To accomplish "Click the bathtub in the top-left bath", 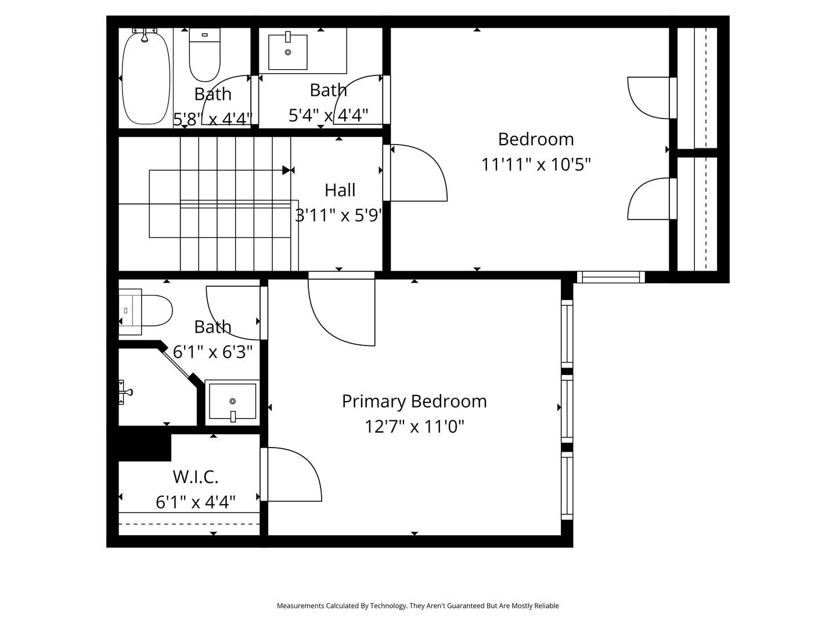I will click(146, 78).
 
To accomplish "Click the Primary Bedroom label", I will click(414, 401).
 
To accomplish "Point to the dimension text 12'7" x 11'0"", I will click(414, 427).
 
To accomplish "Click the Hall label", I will click(340, 190).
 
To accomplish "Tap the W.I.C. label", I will click(196, 477).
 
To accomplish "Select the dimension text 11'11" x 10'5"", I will click(535, 165).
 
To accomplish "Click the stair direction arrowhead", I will click(287, 170).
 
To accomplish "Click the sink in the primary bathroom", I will click(232, 401).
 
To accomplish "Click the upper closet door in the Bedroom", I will click(649, 98).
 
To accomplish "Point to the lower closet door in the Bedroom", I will click(649, 199).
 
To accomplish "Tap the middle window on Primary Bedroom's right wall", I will click(566, 408).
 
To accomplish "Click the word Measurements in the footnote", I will click(300, 606).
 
